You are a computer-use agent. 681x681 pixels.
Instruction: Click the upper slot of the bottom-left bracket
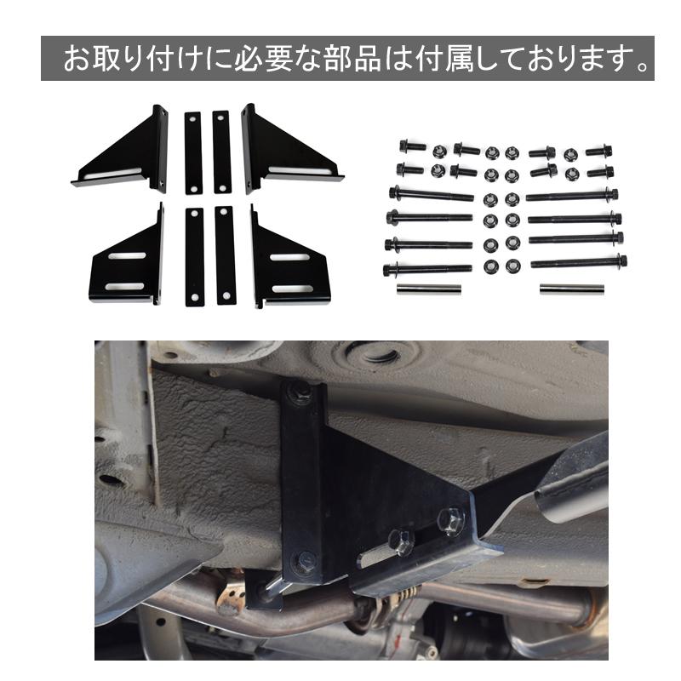(126, 256)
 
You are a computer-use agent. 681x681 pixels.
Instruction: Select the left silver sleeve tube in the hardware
(428, 289)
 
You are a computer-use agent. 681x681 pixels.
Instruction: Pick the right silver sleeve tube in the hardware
(571, 289)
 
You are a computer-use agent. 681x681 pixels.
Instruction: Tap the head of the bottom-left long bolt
(391, 270)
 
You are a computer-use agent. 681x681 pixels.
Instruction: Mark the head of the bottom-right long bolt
(622, 260)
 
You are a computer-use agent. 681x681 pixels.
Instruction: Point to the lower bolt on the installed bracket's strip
(304, 561)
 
